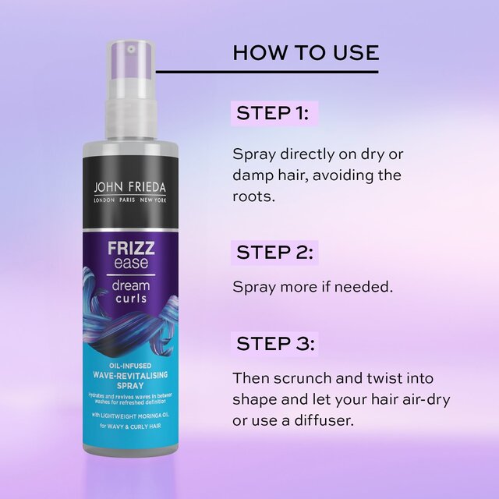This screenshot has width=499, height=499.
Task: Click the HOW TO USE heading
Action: point(306,53)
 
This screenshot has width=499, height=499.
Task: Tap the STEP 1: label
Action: point(273,113)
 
